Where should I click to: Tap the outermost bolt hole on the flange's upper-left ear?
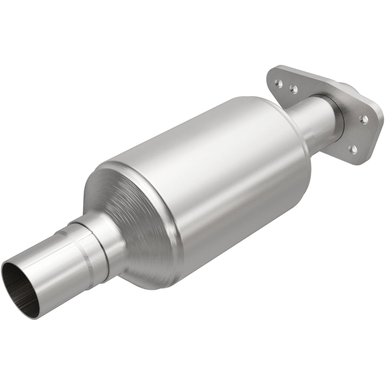(279, 83)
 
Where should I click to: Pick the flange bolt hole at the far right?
(365, 120)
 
